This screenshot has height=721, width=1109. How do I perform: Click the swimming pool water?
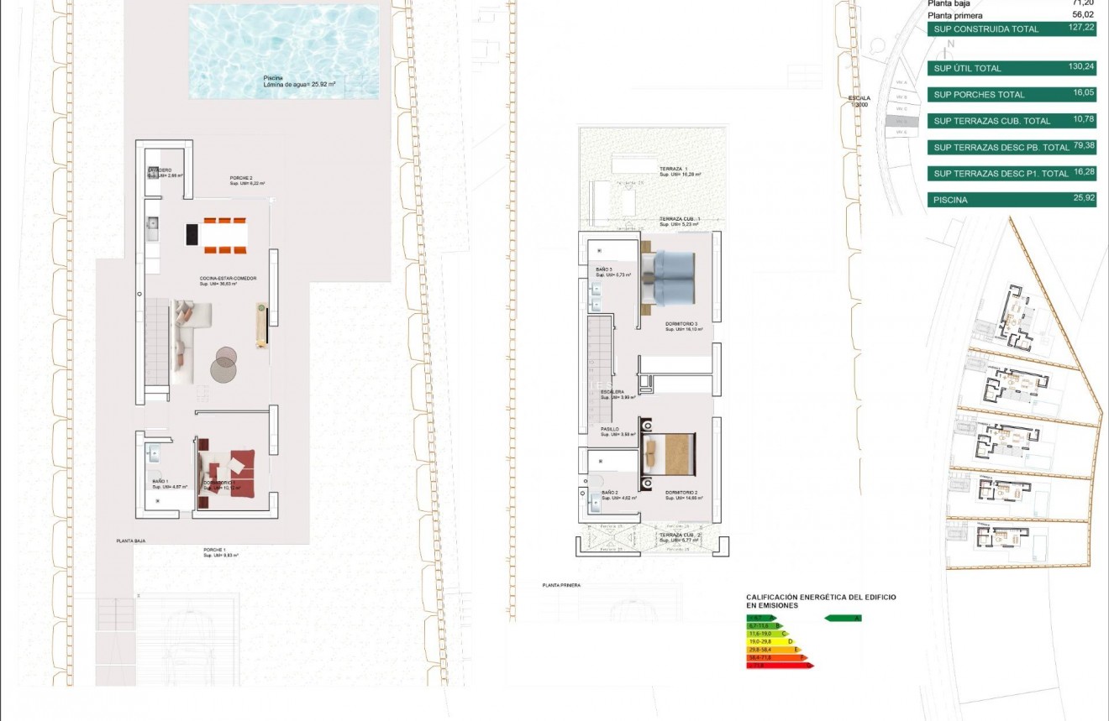pos(284,50)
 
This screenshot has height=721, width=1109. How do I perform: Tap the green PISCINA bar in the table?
pos(1012,200)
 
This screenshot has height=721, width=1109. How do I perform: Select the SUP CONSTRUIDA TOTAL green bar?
pos(1012,29)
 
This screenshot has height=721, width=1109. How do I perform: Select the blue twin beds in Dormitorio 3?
pos(669,278)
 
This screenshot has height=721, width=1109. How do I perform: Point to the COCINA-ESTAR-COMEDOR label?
pos(228,279)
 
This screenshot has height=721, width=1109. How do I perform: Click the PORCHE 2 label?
pos(242,178)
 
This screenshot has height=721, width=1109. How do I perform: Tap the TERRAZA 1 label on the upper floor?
pos(673,169)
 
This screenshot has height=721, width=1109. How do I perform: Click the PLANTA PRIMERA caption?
pos(561,585)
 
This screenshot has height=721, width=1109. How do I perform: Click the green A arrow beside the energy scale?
pos(843,618)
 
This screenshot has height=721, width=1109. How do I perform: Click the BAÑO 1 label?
pos(160,482)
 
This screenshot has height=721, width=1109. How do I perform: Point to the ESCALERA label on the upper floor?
pos(612,392)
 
